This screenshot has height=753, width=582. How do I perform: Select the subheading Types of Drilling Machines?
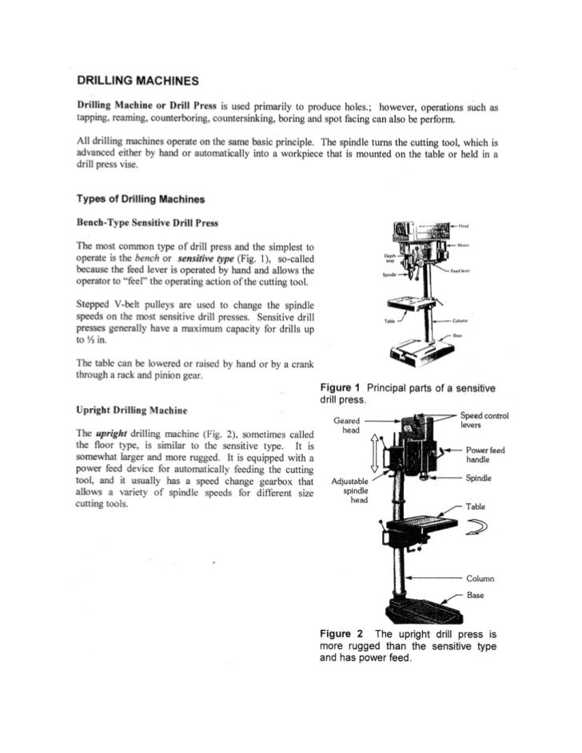140,198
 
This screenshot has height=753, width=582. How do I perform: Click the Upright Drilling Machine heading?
132,410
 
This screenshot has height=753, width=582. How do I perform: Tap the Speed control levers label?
484,421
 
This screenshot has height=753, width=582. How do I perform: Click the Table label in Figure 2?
476,506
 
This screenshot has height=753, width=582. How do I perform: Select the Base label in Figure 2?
476,595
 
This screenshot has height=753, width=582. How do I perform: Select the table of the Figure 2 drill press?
421,525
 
